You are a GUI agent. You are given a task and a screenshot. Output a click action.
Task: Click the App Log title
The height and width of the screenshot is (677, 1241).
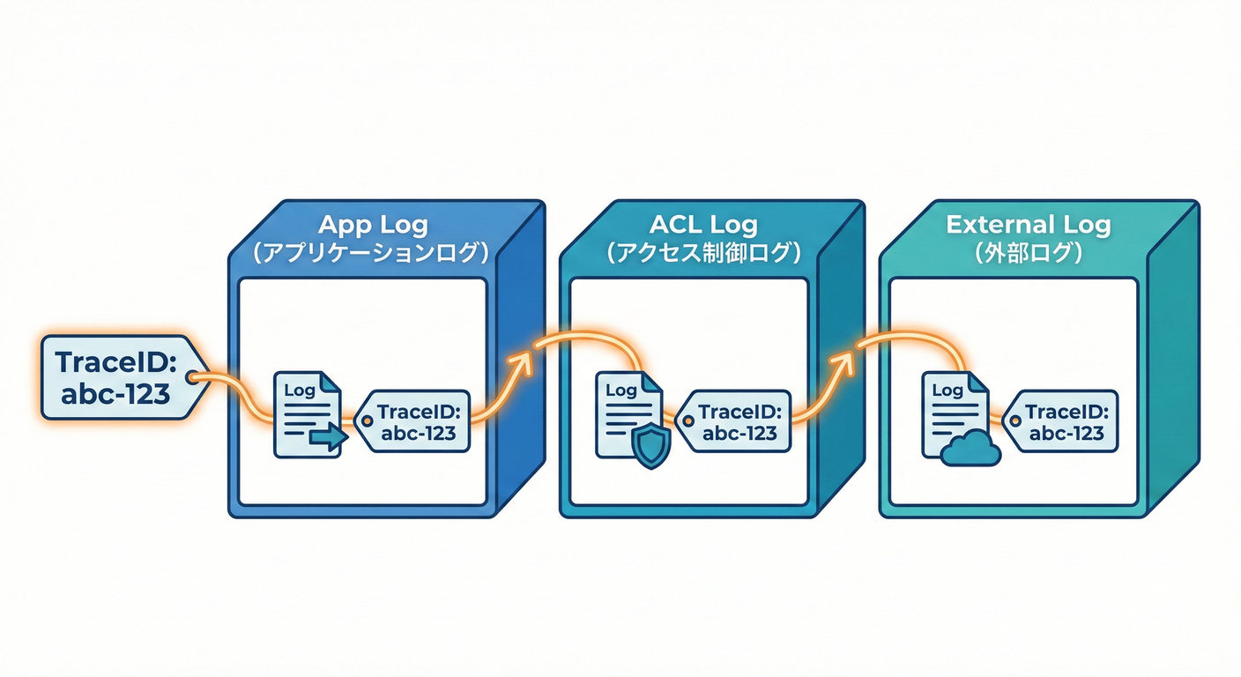click(373, 225)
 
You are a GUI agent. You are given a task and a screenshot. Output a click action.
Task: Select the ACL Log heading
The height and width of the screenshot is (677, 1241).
click(703, 225)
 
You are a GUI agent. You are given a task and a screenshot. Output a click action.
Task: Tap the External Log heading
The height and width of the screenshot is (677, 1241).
click(1029, 225)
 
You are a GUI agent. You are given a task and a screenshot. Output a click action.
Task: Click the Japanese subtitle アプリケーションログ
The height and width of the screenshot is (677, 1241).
click(371, 253)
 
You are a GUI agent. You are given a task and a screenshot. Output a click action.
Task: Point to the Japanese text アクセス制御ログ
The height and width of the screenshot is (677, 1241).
click(703, 253)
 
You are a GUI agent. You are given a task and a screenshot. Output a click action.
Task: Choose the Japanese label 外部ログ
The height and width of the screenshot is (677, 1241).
click(1029, 253)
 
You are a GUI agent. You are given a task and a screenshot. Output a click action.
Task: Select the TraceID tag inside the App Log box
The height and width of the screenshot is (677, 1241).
click(412, 421)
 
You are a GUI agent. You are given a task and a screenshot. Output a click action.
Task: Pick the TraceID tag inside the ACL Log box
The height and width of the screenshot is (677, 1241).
click(733, 421)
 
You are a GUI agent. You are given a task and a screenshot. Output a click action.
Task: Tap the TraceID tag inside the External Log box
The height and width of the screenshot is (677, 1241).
click(1059, 421)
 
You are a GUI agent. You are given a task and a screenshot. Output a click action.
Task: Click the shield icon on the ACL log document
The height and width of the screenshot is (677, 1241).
click(651, 448)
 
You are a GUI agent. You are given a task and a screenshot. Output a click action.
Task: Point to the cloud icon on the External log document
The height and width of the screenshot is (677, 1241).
click(970, 448)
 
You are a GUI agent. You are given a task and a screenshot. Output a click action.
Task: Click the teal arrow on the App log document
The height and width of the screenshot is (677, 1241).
click(329, 437)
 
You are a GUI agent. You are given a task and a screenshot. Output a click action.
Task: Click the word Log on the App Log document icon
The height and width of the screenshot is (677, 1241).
click(299, 390)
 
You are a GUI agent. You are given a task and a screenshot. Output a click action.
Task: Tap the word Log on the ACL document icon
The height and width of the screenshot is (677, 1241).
click(620, 390)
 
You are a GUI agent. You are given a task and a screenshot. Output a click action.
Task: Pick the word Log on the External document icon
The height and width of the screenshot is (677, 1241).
click(947, 390)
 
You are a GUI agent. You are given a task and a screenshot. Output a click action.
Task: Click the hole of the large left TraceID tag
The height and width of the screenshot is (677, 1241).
click(191, 378)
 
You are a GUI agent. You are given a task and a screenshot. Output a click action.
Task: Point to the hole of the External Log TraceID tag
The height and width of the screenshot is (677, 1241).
click(1015, 421)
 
